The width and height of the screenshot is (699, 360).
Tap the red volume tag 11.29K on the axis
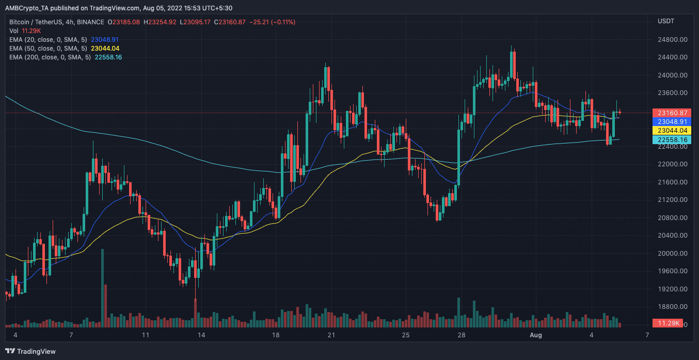pyautogui.click(x=668, y=323)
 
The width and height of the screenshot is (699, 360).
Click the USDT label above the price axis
pyautogui.click(x=665, y=21)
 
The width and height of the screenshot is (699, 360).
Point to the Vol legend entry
pyautogui.click(x=14, y=30)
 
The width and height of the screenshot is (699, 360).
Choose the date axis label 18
pyautogui.click(x=276, y=335)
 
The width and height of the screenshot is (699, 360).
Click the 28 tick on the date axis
pyautogui.click(x=462, y=335)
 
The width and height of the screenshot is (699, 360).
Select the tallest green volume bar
pyautogui.click(x=102, y=288)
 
